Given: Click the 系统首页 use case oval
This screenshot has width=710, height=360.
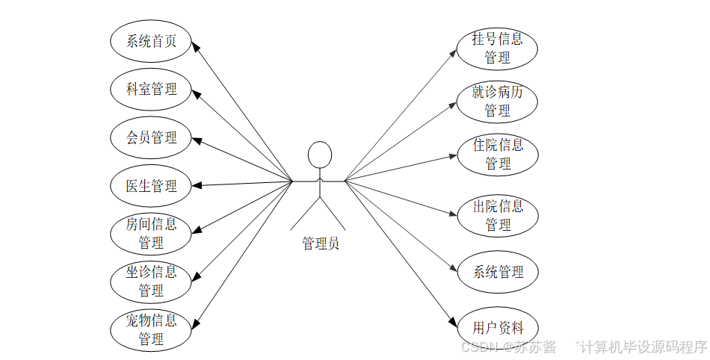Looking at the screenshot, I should coord(151,41).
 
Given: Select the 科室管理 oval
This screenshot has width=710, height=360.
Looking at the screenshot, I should coord(151,90).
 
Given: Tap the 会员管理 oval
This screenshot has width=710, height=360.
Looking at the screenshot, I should coord(151,138).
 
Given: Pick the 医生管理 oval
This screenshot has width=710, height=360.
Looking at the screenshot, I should coord(151,186).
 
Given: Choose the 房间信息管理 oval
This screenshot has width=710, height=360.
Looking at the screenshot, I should coord(151,234).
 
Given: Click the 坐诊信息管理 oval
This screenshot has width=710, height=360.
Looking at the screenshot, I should coord(151,281).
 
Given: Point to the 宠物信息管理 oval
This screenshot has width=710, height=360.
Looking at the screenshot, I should coord(151,330).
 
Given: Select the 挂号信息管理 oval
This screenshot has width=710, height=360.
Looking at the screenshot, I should coord(497,48).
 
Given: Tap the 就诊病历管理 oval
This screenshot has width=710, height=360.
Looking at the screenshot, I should coord(497,102).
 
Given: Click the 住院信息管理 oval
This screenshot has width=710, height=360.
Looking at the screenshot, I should coord(497,154).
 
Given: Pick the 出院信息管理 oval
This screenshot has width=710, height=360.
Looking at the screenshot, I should coord(497,215).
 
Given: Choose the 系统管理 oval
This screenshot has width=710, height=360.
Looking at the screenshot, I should coord(497,273).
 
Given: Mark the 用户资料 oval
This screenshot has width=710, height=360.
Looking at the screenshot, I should coord(497,327).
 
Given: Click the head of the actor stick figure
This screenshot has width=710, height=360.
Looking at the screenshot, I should coord(320,155).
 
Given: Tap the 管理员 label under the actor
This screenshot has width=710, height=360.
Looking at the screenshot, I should coord(320,243).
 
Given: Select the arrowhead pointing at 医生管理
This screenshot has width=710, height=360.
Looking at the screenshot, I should coord(197,185).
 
